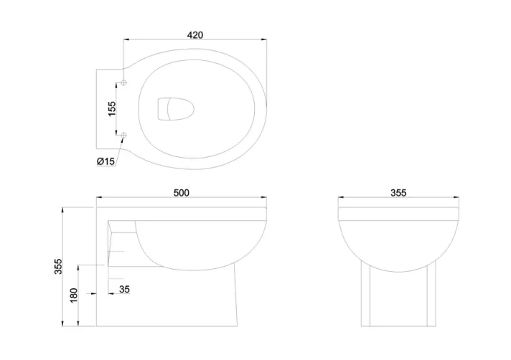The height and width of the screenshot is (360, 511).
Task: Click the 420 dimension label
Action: point(195,34)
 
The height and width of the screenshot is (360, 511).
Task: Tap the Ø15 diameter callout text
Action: point(106,161)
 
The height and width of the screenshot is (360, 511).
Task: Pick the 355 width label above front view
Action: point(398,193)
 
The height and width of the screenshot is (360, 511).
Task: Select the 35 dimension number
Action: point(125,290)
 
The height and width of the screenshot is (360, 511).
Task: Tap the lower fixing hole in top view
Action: point(124,135)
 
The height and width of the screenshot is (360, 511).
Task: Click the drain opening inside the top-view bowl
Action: point(172,110)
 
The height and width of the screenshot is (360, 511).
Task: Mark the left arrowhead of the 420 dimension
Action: point(127,40)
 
